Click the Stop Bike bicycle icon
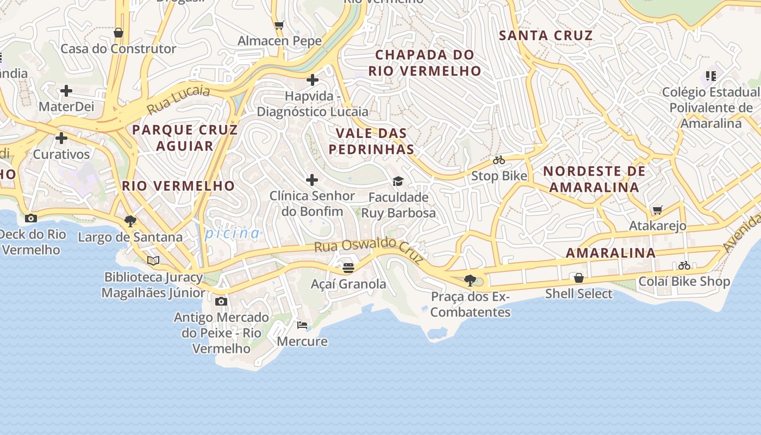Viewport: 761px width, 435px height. [499, 160]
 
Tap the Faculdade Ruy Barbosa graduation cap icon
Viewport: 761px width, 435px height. [398, 181]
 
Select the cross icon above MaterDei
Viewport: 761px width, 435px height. [66, 90]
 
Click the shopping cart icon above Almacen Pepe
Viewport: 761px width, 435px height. [279, 25]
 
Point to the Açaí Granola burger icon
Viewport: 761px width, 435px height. [348, 268]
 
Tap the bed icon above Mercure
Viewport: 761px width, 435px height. [302, 325]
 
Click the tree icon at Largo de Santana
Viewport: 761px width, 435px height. [130, 221]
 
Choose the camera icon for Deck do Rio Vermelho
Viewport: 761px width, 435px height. [31, 218]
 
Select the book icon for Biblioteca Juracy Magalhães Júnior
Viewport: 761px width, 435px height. [153, 261]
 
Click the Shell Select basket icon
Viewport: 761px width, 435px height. [579, 278]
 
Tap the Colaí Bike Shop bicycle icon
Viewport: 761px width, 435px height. [684, 265]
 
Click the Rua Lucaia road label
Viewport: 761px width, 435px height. [178, 100]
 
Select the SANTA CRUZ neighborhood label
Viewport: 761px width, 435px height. [546, 36]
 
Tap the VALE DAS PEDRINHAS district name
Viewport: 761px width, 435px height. [372, 141]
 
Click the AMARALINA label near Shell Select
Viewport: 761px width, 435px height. [610, 253]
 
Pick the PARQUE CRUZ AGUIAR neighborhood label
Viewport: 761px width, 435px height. [185, 138]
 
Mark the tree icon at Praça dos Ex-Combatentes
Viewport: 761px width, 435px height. [470, 281]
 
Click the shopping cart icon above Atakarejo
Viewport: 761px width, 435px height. [658, 210]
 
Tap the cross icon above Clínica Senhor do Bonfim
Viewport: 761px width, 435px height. [312, 180]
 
